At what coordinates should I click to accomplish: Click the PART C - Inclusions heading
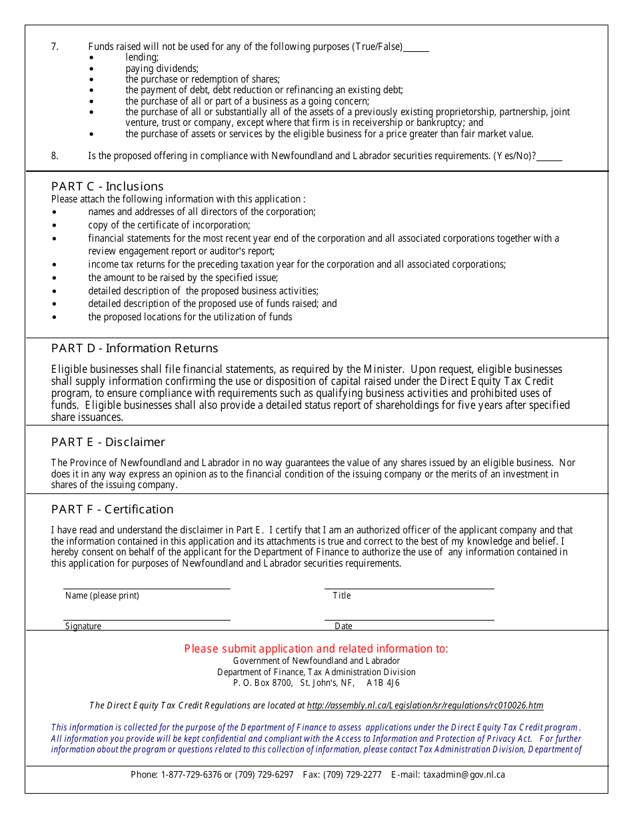(x=107, y=186)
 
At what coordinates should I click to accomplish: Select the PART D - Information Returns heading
(x=135, y=348)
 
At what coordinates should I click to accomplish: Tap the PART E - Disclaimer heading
(x=108, y=442)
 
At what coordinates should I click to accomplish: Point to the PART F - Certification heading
(x=112, y=509)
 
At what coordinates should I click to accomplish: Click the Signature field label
(x=83, y=626)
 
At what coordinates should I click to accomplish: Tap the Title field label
(x=342, y=595)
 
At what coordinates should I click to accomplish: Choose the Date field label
(x=344, y=626)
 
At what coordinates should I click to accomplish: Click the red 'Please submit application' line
(x=316, y=649)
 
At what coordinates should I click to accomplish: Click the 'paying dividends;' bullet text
(x=162, y=69)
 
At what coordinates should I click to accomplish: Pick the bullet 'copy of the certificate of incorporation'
(x=169, y=225)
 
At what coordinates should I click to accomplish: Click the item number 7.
(x=55, y=47)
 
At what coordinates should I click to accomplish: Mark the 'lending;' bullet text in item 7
(x=142, y=58)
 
